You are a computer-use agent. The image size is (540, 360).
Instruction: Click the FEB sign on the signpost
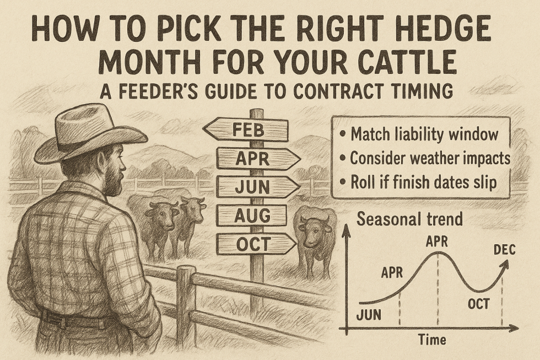[246, 131]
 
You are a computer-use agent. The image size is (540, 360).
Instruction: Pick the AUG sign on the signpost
[251, 215]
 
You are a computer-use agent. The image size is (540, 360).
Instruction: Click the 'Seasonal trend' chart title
[409, 219]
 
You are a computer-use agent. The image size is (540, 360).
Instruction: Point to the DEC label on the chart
[504, 250]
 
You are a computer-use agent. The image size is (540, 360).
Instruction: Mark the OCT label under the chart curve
[478, 304]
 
